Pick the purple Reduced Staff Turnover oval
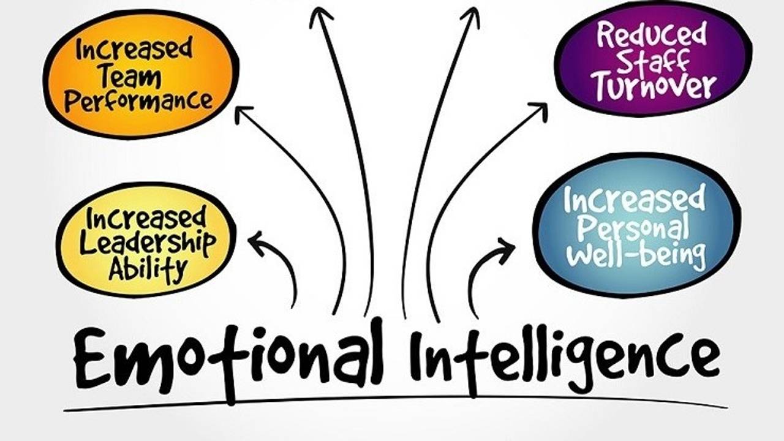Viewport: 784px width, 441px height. tap(652, 59)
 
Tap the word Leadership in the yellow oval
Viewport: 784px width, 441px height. tap(147, 244)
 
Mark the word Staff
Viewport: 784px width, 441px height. tap(653, 60)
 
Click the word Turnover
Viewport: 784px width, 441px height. tap(653, 86)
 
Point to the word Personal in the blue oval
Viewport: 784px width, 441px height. tap(633, 227)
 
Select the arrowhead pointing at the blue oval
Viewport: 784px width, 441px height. tap(506, 248)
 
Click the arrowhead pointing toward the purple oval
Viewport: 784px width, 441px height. tap(539, 110)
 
